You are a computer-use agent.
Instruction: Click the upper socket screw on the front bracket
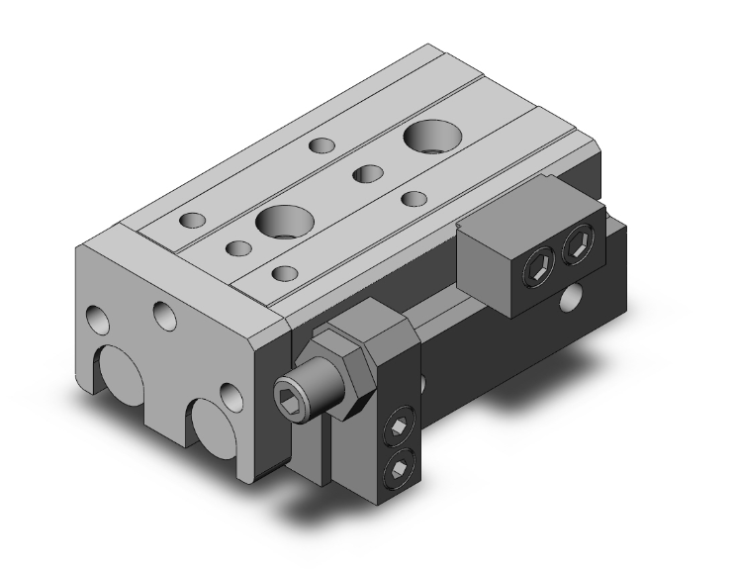(398, 427)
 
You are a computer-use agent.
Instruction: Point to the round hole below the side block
(571, 296)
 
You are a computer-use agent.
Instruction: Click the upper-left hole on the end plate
(97, 320)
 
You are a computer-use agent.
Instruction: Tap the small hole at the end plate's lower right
(230, 396)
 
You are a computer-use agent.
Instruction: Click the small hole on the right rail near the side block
(414, 198)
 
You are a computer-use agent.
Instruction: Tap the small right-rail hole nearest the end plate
(284, 272)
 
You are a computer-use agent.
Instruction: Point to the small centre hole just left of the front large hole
(237, 246)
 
